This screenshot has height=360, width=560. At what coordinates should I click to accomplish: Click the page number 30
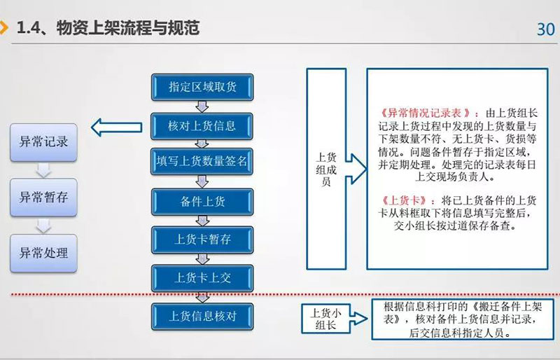[x=546, y=29]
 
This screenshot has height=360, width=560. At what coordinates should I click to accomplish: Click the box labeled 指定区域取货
[x=202, y=87]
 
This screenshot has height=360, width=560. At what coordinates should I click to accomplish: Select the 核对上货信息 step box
[x=202, y=126]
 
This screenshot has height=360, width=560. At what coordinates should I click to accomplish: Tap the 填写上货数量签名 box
[x=202, y=161]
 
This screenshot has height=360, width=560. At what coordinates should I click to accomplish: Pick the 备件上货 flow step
[x=202, y=202]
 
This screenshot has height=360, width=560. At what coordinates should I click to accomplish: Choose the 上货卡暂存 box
[x=202, y=240]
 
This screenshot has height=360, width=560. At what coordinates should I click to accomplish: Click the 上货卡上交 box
[x=202, y=278]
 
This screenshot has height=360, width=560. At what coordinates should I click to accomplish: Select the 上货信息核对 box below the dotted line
[x=202, y=317]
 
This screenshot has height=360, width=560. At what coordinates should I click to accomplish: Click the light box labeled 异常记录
[x=43, y=142]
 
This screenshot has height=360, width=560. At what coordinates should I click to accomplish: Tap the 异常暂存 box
[x=43, y=198]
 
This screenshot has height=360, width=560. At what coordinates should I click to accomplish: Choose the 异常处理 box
[x=43, y=253]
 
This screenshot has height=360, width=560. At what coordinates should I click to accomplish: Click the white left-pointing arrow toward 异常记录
[x=116, y=127]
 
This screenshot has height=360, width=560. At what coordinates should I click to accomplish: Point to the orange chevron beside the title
[x=4, y=27]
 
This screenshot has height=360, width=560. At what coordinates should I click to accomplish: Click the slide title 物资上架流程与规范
[x=128, y=28]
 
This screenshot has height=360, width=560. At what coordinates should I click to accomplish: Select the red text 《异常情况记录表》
[x=425, y=113]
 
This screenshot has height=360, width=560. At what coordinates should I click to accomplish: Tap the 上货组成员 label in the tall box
[x=326, y=169]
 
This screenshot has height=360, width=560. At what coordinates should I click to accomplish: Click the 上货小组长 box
[x=325, y=319]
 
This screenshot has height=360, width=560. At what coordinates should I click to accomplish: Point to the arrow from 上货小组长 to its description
[x=358, y=319]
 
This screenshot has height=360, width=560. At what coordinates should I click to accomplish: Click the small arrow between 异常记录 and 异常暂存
[x=43, y=170]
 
